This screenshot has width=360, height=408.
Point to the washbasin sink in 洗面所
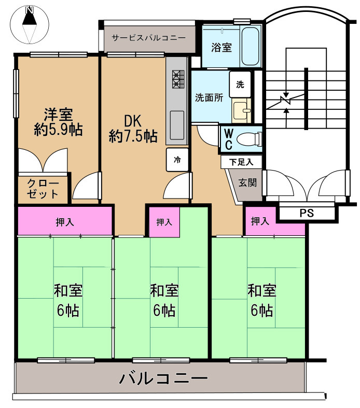pos(241,110)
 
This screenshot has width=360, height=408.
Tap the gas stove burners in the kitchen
pos(178,79)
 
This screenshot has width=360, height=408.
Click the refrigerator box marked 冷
pos(177,160)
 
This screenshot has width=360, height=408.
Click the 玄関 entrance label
pos(246,183)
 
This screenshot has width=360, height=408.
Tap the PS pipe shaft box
pos(307,212)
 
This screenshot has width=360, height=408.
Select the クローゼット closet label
pos(40,189)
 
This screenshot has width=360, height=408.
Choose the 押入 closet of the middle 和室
pos(164,222)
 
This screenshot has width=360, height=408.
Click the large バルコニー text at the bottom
pos(163,378)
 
